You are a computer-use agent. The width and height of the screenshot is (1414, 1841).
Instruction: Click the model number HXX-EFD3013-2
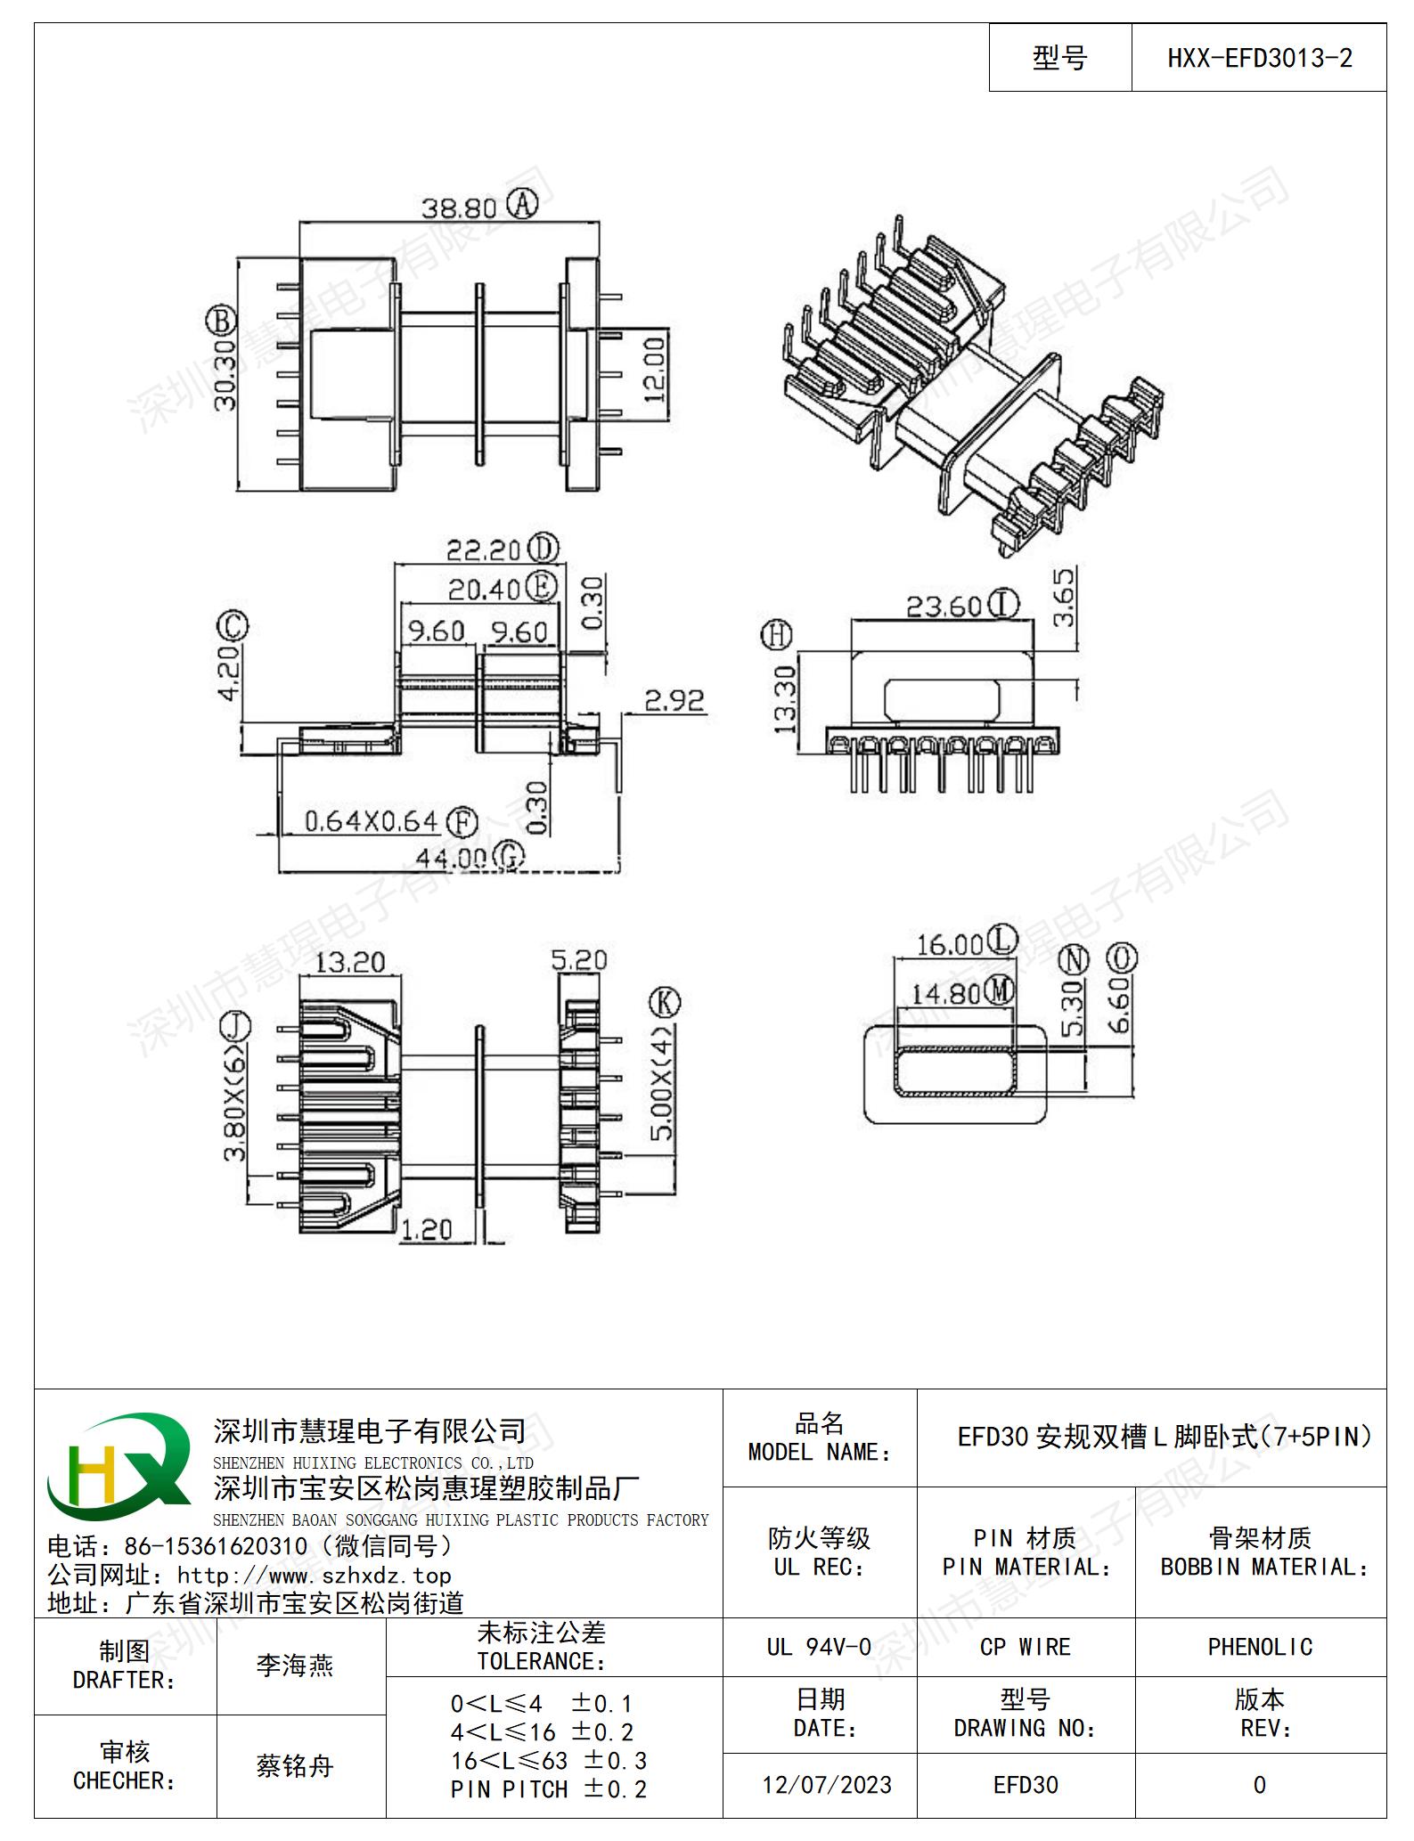[1259, 59]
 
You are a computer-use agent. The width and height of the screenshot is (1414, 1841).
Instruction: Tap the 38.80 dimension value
[459, 208]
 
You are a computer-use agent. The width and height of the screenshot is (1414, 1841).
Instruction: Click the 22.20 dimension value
[483, 550]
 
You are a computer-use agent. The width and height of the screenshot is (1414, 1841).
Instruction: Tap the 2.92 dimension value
[674, 700]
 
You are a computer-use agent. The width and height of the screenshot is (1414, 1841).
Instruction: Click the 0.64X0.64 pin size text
[372, 821]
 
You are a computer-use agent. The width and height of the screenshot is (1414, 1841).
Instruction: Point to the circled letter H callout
[777, 636]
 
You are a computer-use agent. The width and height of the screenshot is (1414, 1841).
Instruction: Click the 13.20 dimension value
[349, 962]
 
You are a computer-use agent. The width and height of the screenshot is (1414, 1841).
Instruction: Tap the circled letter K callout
[665, 1003]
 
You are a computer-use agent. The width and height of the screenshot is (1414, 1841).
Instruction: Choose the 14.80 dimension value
[945, 993]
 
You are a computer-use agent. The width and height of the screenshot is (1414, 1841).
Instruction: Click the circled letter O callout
[1122, 958]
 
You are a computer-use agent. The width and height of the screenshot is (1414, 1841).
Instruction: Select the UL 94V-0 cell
[819, 1647]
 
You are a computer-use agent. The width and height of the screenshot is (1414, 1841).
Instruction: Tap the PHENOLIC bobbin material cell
[1260, 1647]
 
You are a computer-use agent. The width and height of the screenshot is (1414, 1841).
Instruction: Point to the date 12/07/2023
[827, 1785]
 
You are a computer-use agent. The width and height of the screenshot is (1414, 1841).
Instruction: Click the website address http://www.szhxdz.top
[315, 1576]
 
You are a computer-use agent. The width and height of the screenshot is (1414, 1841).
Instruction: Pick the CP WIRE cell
[1026, 1647]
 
